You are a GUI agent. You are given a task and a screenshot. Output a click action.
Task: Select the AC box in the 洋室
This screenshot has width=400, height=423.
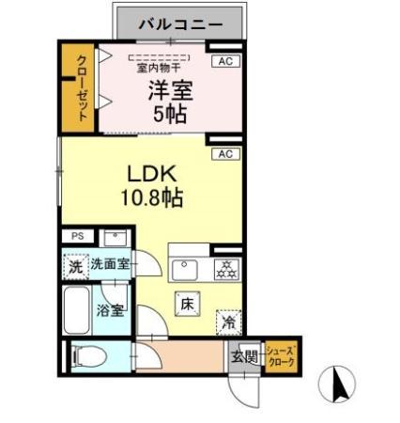coord(223,62)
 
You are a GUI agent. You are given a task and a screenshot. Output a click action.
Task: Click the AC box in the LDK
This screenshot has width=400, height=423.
coord(224,153)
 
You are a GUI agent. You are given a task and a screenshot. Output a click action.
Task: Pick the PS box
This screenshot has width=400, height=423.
coord(76,237)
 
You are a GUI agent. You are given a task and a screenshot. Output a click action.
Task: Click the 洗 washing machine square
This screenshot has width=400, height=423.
coord(76,266)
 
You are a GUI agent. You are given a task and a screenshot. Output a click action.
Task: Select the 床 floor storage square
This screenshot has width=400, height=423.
coord(186,304)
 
